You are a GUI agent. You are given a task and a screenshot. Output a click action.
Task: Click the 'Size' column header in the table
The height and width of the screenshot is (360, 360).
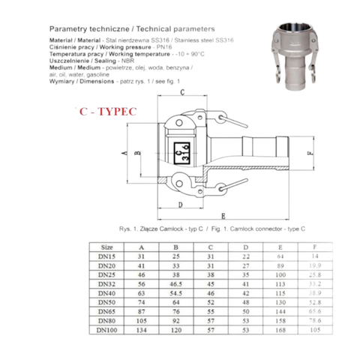[106, 246]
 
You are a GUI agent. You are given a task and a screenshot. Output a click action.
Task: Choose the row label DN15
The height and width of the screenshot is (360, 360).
[107, 256]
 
